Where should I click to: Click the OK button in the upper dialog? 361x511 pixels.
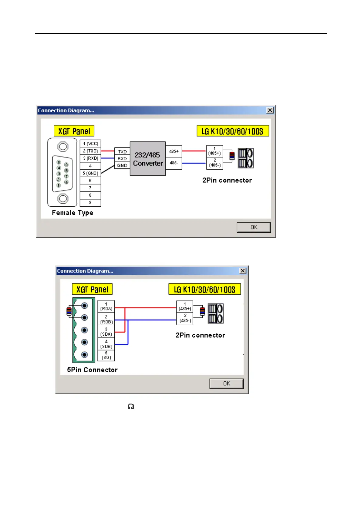click(254, 227)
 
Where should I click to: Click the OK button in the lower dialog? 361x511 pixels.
click(226, 384)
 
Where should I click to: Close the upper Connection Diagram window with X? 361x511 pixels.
click(270, 110)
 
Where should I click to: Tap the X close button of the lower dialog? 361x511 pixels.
click(243, 271)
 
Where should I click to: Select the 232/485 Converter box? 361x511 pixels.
click(148, 159)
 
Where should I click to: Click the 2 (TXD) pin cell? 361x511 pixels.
click(90, 151)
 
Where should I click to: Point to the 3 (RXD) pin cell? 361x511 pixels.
click(90, 158)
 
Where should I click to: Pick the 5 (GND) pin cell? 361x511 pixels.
click(90, 173)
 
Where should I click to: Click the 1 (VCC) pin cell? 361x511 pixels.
click(90, 144)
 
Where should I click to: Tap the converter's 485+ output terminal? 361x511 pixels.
click(174, 151)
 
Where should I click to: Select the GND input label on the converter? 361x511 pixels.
click(122, 165)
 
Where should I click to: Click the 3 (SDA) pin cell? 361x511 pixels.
click(106, 332)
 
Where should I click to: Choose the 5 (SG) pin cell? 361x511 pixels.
click(106, 355)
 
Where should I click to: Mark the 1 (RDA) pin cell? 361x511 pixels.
click(106, 306)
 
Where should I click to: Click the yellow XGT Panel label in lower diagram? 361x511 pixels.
click(92, 289)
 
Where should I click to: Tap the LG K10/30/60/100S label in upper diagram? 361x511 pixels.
click(233, 131)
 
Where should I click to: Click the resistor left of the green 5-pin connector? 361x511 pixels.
click(69, 311)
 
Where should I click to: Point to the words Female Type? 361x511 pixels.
click(73, 213)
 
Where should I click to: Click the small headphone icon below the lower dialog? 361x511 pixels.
click(131, 406)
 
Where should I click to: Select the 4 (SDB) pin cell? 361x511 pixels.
click(106, 344)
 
